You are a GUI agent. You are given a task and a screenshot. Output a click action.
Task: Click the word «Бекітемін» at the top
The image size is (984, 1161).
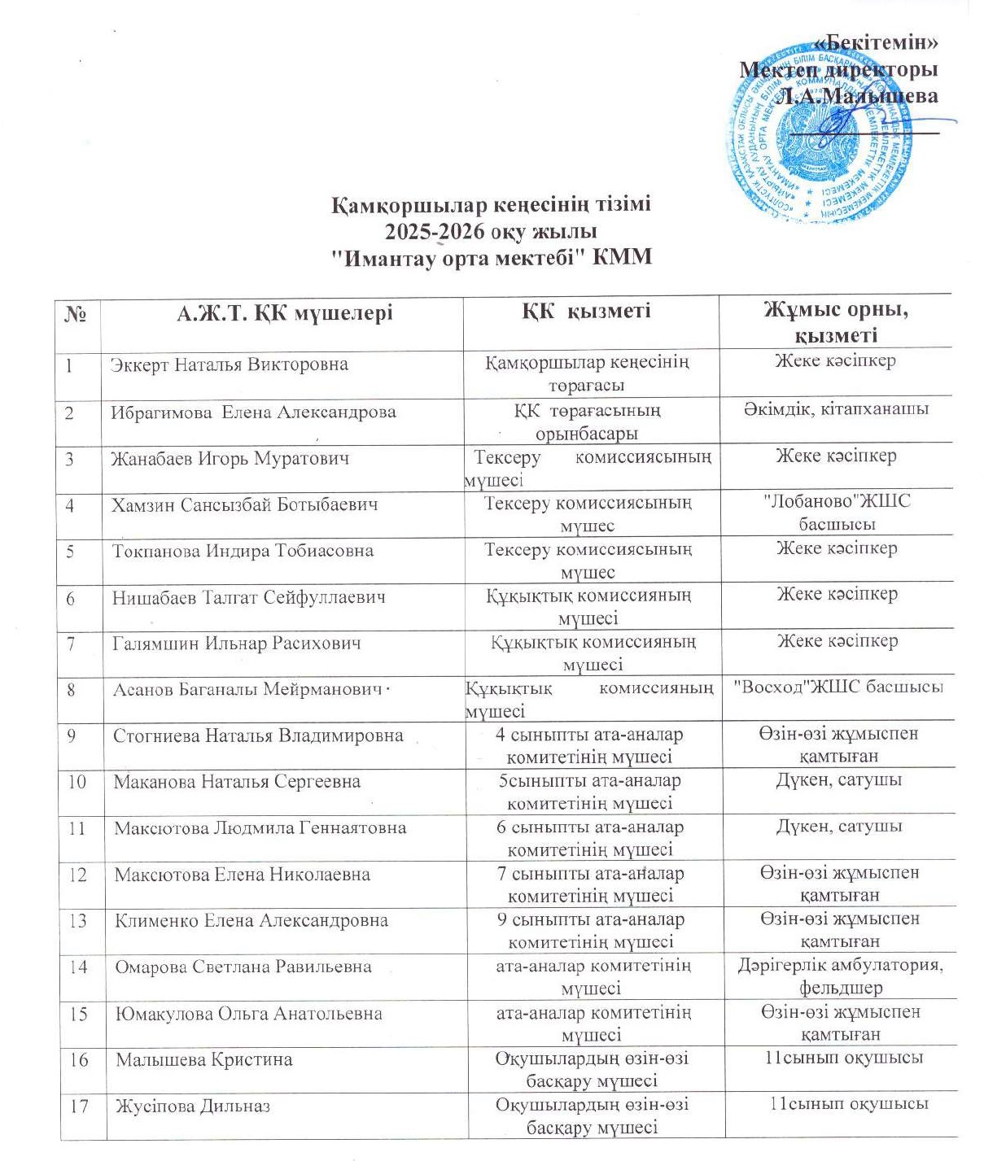876,43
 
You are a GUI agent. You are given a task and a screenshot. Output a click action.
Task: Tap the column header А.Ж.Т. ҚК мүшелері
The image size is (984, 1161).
284,313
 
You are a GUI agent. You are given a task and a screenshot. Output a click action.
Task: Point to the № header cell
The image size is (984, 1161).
75,314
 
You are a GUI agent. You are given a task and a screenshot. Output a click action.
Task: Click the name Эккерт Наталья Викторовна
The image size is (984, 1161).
230,364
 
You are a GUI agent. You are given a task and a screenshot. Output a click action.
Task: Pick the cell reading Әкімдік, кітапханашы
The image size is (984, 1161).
836,408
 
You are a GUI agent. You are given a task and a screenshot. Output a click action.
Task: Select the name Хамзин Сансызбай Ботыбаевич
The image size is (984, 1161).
245,504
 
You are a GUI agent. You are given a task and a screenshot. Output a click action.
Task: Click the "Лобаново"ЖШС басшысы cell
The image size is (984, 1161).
837,513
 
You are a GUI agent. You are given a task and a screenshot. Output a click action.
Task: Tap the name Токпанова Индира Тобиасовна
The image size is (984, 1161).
243,551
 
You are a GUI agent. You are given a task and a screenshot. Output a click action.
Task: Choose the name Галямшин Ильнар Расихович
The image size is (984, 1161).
236,644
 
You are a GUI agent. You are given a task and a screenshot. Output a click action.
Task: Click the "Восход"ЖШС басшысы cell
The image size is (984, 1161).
838,687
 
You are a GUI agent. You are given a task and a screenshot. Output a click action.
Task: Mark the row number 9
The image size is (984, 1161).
72,735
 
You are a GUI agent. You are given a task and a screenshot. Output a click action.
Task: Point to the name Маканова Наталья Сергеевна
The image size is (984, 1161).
237,782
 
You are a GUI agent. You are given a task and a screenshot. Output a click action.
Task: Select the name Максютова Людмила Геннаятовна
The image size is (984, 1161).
260,828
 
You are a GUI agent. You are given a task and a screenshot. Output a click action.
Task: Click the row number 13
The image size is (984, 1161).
78,921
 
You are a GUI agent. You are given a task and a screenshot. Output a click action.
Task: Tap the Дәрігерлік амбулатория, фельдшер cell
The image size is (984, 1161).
841,976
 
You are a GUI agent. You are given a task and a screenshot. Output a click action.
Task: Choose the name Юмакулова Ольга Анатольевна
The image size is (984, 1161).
248,1014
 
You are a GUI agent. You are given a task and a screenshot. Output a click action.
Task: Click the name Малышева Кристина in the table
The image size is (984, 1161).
203,1060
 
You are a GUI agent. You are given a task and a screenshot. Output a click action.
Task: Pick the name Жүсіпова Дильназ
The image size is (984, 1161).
193,1106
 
